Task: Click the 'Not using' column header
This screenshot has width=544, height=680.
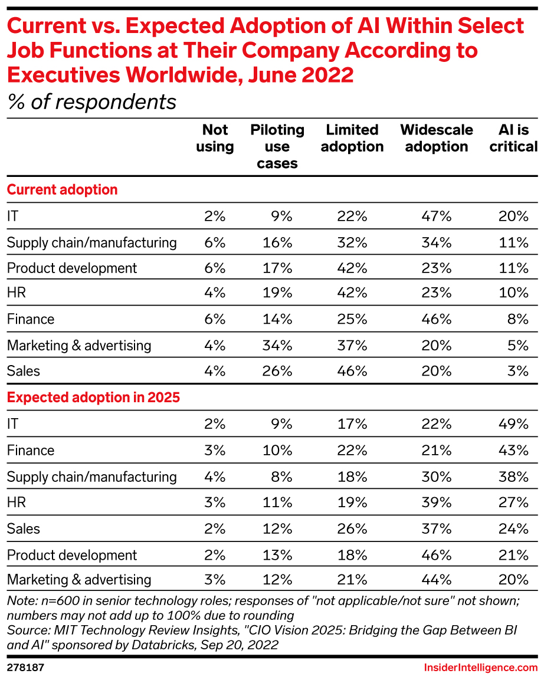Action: [215, 138]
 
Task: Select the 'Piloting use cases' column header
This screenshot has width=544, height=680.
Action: [277, 146]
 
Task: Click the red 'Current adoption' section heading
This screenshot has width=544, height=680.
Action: [62, 190]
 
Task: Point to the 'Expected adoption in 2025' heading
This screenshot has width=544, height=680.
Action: [93, 398]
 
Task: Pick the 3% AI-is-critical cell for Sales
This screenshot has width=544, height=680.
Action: [519, 372]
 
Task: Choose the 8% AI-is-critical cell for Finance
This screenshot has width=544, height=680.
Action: [519, 320]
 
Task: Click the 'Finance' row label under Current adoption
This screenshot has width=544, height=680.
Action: [31, 320]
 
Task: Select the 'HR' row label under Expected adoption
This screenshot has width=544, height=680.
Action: [17, 502]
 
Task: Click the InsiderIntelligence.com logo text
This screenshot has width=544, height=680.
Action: [481, 668]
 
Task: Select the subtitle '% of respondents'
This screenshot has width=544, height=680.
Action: [91, 102]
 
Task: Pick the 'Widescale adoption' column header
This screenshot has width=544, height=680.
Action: [437, 138]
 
